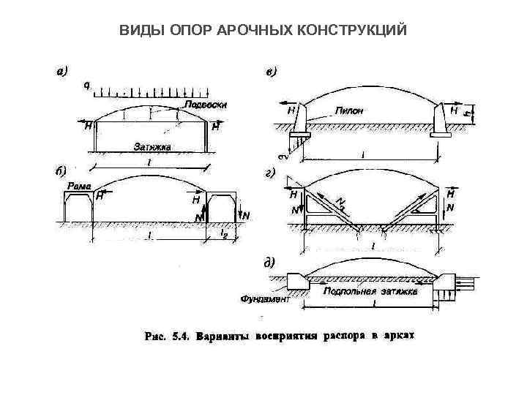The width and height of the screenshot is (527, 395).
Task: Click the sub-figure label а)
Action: tap(62, 71)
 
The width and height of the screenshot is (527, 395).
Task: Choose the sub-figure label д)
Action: tap(270, 262)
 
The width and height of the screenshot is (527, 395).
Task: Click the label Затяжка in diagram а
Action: tap(152, 147)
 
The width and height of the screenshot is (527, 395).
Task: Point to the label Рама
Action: tap(79, 187)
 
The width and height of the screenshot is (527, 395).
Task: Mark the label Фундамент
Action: tap(265, 298)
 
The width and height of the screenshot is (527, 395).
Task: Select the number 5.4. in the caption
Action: tap(181, 337)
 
